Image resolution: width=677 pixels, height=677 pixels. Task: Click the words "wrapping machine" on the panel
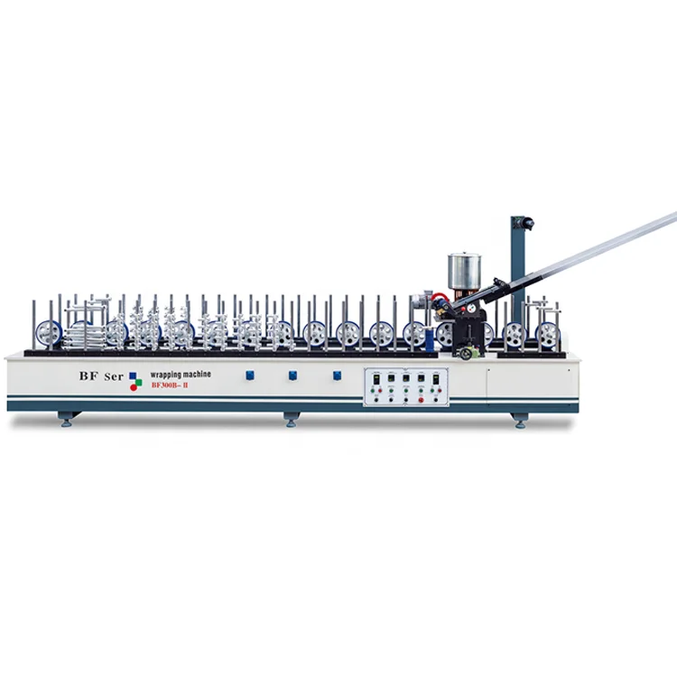click(178, 374)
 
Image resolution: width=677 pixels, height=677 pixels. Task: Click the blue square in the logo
click(134, 376)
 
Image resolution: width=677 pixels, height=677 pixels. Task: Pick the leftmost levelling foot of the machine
click(66, 419)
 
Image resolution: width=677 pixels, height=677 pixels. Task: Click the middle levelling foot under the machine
click(291, 419)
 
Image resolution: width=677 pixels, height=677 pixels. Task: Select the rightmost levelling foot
click(519, 419)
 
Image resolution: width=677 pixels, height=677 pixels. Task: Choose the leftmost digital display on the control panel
click(376, 379)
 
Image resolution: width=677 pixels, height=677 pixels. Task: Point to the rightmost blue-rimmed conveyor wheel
click(546, 335)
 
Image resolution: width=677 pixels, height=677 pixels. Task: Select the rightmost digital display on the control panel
click(437, 379)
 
